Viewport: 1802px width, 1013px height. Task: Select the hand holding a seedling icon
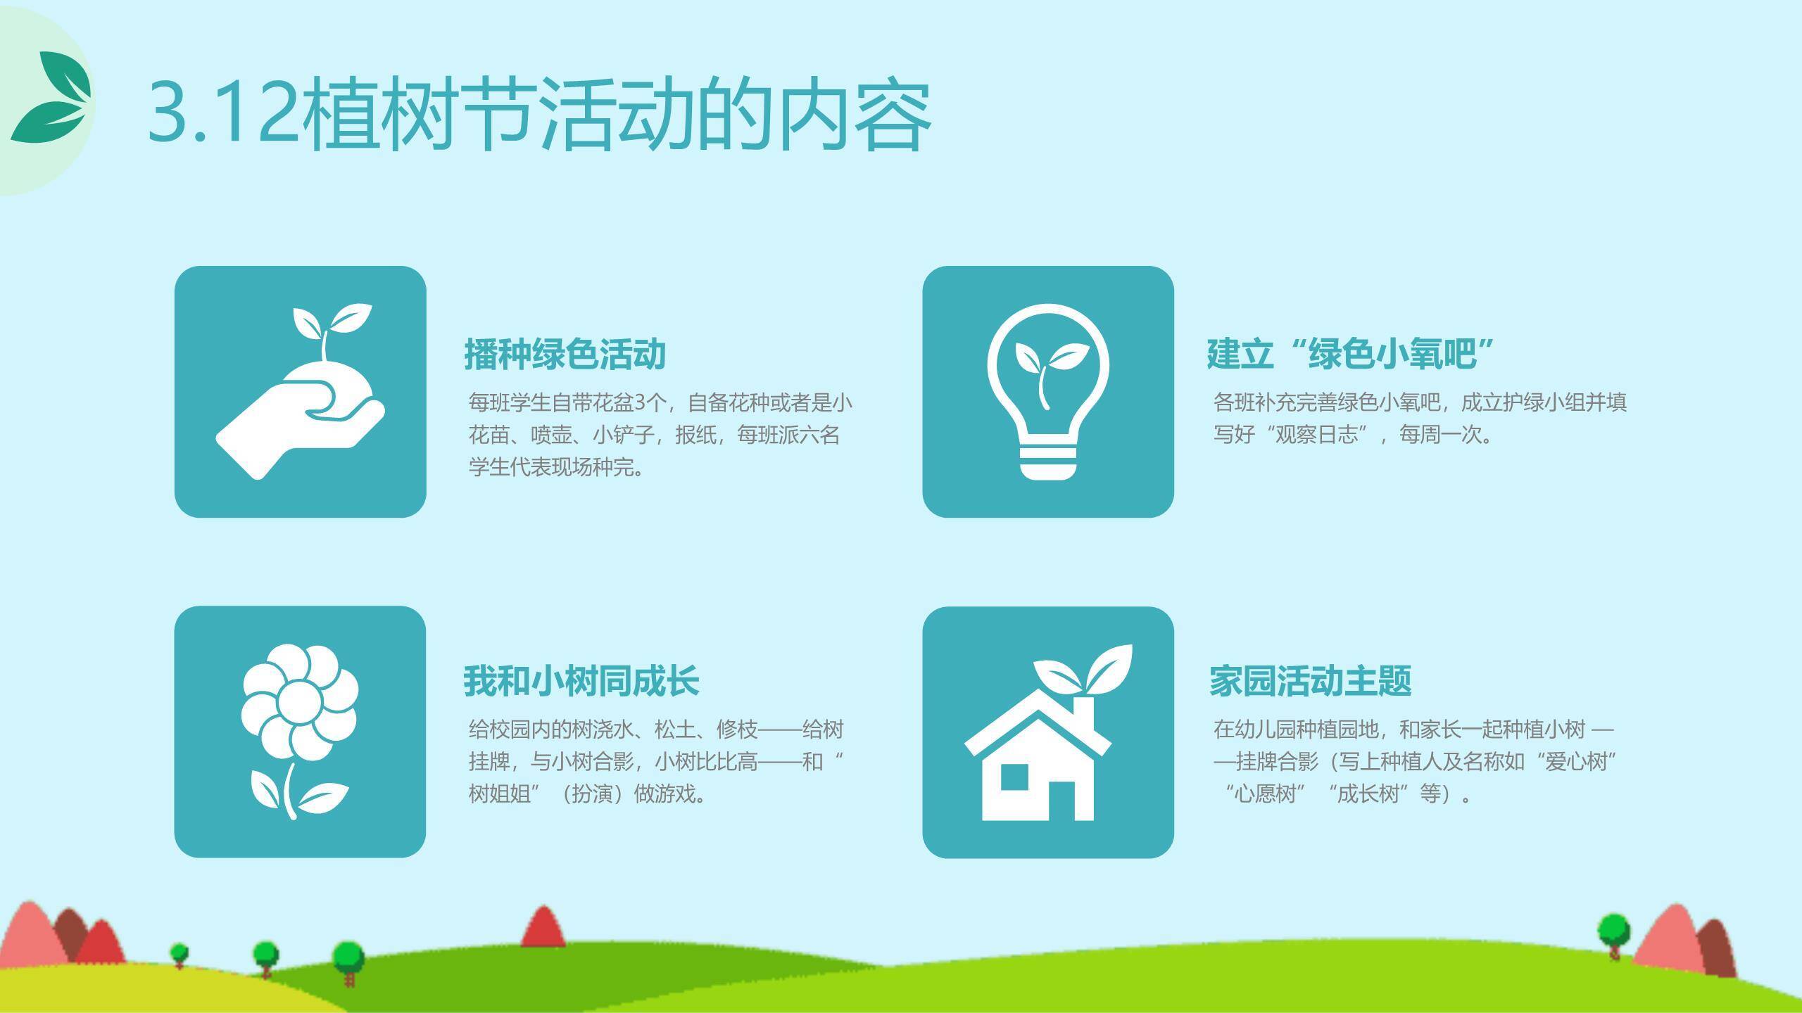(x=300, y=392)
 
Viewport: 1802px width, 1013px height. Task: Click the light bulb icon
(x=1048, y=392)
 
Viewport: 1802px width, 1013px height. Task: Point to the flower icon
(x=300, y=732)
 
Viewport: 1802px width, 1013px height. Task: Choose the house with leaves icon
(x=1048, y=732)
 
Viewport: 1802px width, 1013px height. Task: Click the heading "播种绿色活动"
(x=565, y=354)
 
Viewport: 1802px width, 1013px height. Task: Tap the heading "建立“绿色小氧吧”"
(x=1350, y=354)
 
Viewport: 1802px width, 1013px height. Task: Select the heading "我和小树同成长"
(x=581, y=681)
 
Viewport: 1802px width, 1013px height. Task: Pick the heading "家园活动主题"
(x=1311, y=681)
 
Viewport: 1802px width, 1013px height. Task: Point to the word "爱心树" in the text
(x=1577, y=761)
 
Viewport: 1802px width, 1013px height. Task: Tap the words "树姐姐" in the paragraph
(x=500, y=794)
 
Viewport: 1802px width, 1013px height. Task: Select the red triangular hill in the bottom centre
(x=543, y=926)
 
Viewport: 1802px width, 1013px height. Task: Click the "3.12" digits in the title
(x=225, y=114)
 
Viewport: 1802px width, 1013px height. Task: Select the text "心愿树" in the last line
(x=1266, y=794)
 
